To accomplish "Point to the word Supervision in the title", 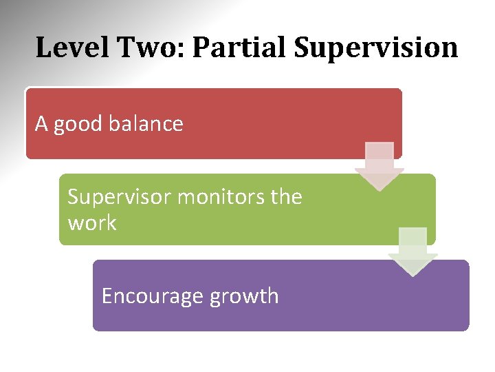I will coord(376,48).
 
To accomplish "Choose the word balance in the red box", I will coord(146,124).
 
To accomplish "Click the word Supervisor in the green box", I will coord(119,198).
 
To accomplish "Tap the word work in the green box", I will coord(91,223).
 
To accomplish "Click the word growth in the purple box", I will coord(244,297).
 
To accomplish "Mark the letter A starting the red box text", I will coord(41,124).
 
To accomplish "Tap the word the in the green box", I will coord(286,198).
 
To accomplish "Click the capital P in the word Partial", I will coord(201,48).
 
